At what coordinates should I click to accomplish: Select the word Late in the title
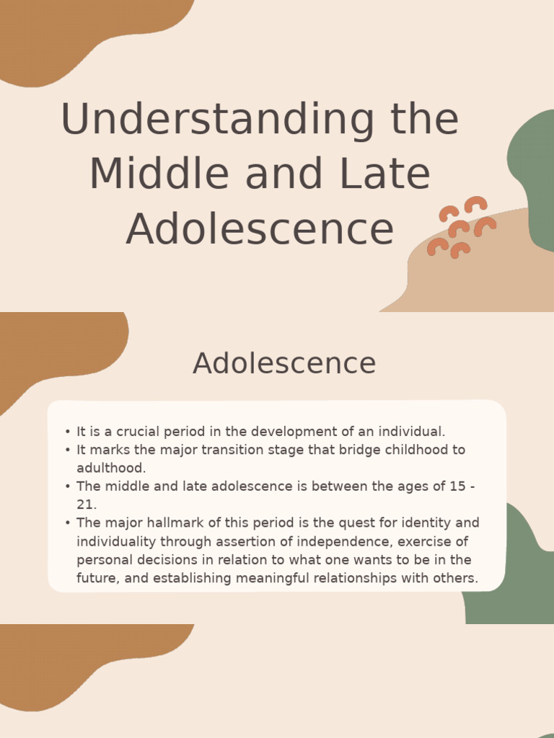[x=386, y=174]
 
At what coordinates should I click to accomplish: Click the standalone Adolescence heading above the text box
[x=284, y=363]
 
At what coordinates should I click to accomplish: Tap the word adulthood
[x=111, y=468]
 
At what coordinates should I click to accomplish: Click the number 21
[x=86, y=504]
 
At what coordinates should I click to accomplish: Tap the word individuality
[x=117, y=541]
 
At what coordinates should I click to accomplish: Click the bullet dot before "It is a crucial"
[x=67, y=432]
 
